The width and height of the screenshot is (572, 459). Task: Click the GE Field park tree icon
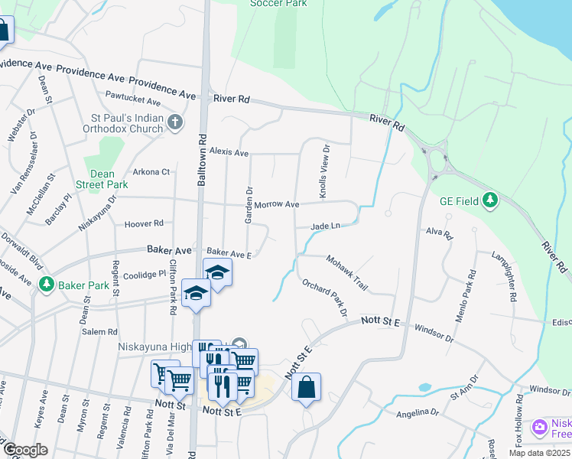490,201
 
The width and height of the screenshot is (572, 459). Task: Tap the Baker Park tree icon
47,285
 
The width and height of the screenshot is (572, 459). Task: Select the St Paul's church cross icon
175,122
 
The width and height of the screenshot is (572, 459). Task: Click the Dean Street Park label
102,179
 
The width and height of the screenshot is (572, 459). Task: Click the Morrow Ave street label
277,205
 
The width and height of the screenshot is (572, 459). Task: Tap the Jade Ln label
323,226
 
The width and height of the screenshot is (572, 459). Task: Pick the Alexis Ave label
229,153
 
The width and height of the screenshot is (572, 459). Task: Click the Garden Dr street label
249,205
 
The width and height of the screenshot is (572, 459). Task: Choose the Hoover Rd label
144,223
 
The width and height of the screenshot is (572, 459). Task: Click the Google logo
24,450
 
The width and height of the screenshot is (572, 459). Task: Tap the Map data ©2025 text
538,453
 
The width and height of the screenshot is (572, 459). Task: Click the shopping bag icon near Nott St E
306,387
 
